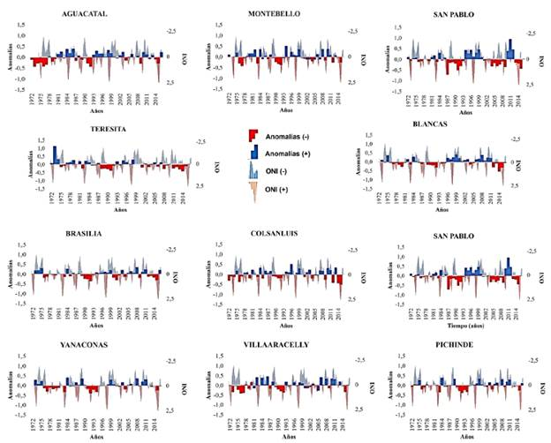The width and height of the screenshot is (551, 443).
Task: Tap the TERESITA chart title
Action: [x=104, y=128]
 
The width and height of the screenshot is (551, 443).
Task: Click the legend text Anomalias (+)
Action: [x=290, y=154]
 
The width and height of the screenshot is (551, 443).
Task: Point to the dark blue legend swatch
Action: [x=253, y=154]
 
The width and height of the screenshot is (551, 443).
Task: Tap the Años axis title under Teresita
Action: [x=121, y=210]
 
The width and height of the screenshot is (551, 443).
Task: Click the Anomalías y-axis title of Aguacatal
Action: [x=9, y=58]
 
